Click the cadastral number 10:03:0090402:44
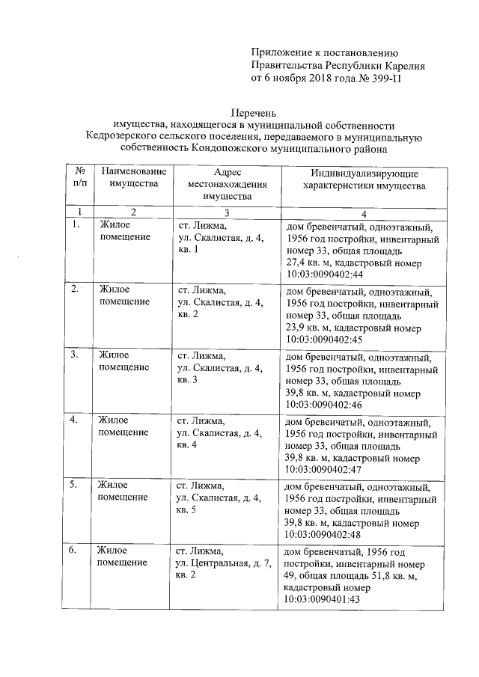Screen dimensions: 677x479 [x=324, y=275]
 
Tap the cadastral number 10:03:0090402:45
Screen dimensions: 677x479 [x=324, y=338]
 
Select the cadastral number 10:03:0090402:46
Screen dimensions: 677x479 [x=324, y=405]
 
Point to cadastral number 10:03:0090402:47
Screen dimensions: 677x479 [x=324, y=469]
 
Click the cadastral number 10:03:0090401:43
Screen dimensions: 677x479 [x=324, y=599]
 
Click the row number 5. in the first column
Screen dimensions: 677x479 [x=74, y=485]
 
